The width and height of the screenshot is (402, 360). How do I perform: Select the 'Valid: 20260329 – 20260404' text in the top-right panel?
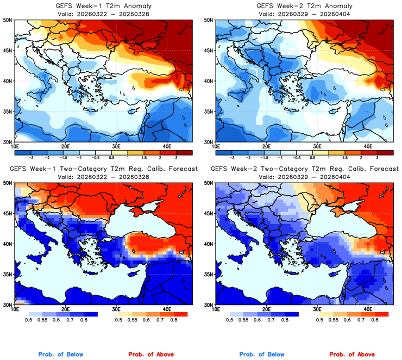click(304, 14)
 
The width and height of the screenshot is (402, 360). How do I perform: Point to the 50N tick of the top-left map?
click(9, 20)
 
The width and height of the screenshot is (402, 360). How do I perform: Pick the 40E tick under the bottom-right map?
click(367, 309)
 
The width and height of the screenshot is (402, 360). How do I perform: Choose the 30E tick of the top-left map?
click(116, 146)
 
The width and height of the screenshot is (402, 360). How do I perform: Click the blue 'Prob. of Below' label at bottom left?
click(60, 355)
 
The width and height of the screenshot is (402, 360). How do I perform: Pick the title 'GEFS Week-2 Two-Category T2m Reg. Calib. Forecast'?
click(304, 169)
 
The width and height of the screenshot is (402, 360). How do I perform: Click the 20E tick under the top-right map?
click(266, 146)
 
